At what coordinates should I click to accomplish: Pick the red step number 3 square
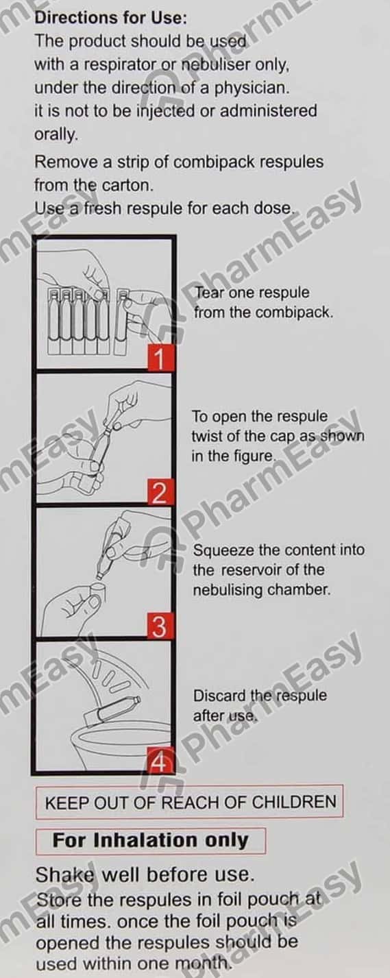coord(158,626)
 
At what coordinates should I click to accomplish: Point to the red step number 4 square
coord(158,761)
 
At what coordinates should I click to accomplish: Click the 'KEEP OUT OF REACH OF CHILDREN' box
coord(190,803)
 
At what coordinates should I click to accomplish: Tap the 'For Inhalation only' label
coord(150,840)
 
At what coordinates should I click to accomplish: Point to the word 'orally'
coord(56,134)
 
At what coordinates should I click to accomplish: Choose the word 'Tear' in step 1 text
coord(209,293)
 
